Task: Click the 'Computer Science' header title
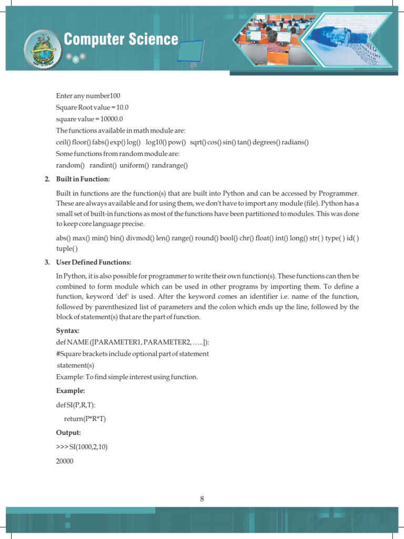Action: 121,39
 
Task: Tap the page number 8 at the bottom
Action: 202,500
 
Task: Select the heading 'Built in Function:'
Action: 83,179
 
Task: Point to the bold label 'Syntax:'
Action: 68,331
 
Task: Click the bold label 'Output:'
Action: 68,433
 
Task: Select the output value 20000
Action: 65,461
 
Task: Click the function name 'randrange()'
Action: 170,165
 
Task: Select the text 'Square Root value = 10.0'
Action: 93,107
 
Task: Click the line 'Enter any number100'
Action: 88,96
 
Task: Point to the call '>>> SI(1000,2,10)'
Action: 82,447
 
